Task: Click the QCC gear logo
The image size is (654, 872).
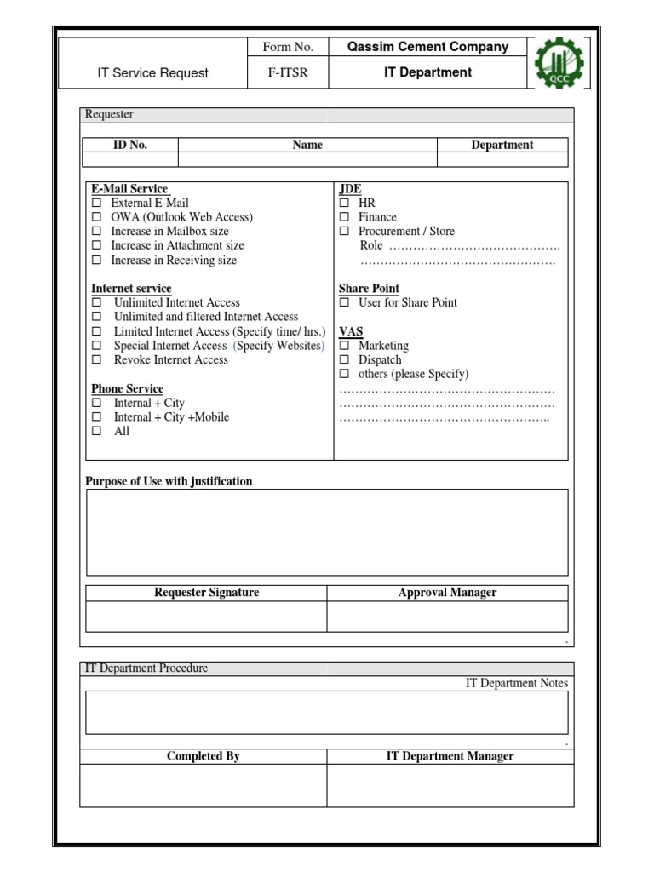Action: click(x=561, y=63)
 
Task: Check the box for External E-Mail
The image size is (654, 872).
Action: click(x=96, y=204)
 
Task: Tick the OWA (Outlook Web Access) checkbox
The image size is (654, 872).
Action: click(x=96, y=217)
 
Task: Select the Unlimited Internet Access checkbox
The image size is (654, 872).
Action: click(x=96, y=302)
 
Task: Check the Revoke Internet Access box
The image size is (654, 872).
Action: click(x=96, y=360)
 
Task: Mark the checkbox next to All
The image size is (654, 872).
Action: click(x=96, y=432)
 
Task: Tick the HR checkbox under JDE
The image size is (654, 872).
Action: click(x=344, y=204)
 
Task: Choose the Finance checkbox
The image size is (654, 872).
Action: click(x=344, y=217)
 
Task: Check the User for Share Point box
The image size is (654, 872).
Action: click(x=344, y=302)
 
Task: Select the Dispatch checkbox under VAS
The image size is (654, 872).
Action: click(x=344, y=360)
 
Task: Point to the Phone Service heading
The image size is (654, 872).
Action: click(x=128, y=389)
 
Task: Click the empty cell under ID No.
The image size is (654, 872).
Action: click(x=130, y=159)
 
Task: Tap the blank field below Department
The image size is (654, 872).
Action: click(x=502, y=159)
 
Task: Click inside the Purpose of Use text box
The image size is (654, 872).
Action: click(x=327, y=532)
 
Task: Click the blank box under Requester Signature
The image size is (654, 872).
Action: click(x=207, y=617)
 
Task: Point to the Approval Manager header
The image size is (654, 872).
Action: click(x=447, y=593)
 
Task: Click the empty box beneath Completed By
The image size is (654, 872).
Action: click(x=204, y=785)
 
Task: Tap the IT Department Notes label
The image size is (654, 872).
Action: click(x=516, y=683)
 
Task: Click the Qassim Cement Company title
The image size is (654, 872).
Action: click(x=427, y=48)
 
